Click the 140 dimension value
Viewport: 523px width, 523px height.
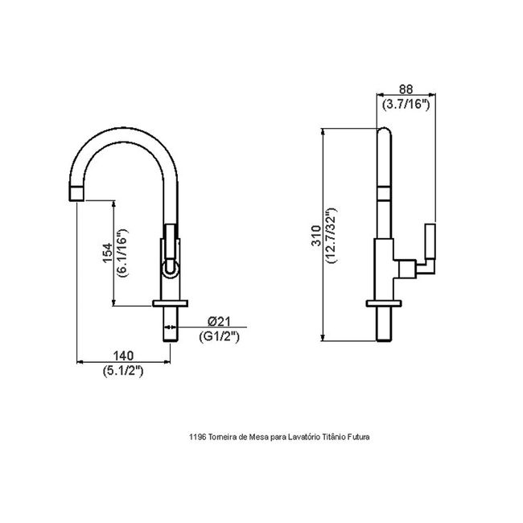click(123, 356)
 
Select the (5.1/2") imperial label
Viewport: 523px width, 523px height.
click(123, 371)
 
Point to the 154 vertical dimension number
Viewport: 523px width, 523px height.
click(108, 253)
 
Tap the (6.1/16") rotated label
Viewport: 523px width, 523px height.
click(122, 253)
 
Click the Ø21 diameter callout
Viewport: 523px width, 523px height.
click(219, 321)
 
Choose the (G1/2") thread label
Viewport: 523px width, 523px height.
click(219, 336)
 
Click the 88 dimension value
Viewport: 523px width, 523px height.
click(406, 89)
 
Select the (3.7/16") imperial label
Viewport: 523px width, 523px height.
click(406, 105)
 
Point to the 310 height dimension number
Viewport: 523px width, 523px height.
click(316, 236)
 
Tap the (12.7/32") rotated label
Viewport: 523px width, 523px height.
click(332, 236)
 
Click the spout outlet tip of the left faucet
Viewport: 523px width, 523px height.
click(76, 193)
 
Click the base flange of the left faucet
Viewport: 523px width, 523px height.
click(170, 303)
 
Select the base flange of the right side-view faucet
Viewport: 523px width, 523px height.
click(384, 303)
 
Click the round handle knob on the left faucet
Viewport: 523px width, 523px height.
click(171, 270)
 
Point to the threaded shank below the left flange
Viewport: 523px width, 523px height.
click(171, 324)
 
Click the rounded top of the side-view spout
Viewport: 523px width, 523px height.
click(385, 132)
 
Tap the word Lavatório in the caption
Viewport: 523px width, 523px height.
click(304, 437)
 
